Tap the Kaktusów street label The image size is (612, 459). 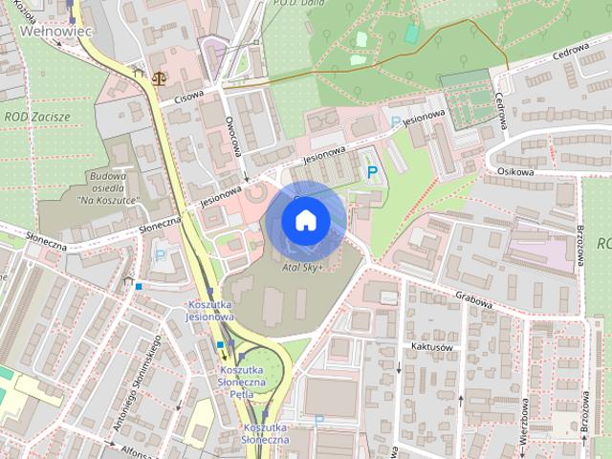[x=430, y=348]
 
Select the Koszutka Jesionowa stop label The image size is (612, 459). [x=208, y=311]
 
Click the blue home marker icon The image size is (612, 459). [x=305, y=221]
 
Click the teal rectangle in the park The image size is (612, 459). [x=411, y=33]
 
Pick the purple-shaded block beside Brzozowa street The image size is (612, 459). [x=535, y=249]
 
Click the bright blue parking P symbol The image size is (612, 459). [x=373, y=172]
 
